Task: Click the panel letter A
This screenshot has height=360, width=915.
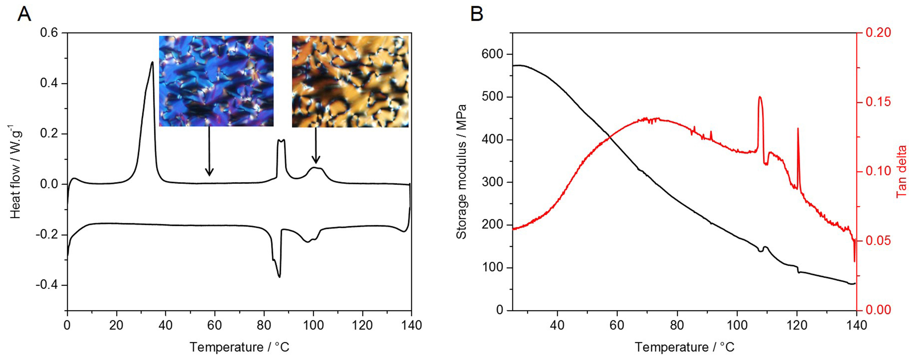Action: pos(24,14)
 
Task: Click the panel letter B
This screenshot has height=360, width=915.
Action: pos(477,14)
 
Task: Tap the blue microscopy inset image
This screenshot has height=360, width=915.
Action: pos(216,81)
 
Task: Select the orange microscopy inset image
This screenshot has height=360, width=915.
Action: pos(350,81)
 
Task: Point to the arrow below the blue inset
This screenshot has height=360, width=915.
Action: pos(209,151)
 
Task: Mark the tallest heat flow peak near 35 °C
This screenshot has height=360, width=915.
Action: pos(152,62)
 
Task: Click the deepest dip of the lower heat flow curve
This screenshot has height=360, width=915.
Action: pos(279,277)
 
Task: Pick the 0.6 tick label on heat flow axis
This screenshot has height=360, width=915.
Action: pos(50,33)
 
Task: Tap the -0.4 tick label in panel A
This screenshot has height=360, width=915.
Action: pos(48,285)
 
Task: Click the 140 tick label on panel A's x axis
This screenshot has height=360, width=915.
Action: pos(411,326)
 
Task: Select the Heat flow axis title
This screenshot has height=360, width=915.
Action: pos(16,172)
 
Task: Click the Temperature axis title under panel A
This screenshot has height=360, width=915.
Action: pos(239,347)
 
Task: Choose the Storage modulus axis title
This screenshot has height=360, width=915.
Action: pos(461,172)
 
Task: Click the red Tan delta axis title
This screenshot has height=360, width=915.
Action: pos(901,172)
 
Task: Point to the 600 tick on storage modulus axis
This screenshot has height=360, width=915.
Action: pos(492,54)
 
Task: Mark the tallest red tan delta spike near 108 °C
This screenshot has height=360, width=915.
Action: pos(759,97)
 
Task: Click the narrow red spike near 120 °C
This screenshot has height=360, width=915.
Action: pos(798,129)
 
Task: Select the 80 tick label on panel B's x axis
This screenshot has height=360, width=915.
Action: pos(677,326)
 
